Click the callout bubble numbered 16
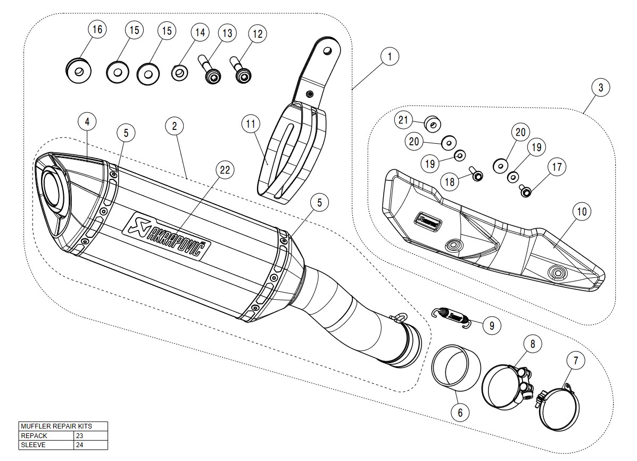(x=97, y=30)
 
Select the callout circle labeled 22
(x=225, y=170)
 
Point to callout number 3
(x=601, y=88)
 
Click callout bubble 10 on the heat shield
(x=582, y=212)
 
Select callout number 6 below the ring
(x=460, y=411)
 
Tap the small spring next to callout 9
(x=452, y=316)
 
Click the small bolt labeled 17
(x=525, y=190)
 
